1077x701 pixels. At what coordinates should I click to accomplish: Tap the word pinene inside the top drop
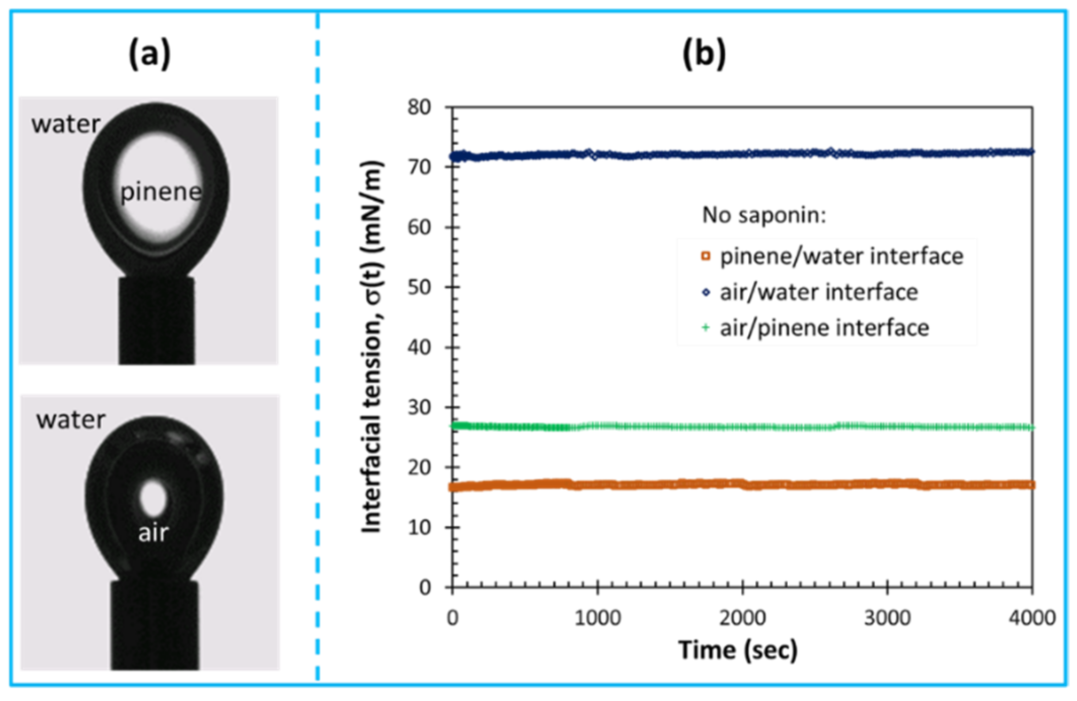click(x=161, y=192)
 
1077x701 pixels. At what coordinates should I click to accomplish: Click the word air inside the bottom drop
click(x=153, y=533)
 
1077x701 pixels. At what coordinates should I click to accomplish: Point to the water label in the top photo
click(x=66, y=124)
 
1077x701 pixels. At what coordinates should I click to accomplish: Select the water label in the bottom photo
click(x=71, y=420)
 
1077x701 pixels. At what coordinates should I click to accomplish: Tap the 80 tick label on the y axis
click(x=419, y=107)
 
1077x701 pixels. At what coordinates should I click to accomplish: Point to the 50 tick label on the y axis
click(x=419, y=287)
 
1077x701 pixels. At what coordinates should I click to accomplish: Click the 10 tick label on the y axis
click(x=419, y=528)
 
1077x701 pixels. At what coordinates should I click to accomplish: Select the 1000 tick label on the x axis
click(x=597, y=618)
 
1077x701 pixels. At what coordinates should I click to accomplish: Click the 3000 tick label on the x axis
click(x=887, y=618)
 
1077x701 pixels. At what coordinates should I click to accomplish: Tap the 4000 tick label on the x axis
click(x=1032, y=618)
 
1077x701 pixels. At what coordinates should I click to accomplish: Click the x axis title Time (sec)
click(x=738, y=650)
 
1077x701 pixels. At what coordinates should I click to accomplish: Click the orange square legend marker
click(x=706, y=256)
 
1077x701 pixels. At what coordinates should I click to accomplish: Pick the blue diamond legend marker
click(x=706, y=292)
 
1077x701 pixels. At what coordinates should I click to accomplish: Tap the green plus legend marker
click(x=706, y=328)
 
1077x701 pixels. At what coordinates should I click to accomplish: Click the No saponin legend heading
click(x=764, y=215)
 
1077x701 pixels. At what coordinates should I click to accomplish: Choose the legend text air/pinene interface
click(x=824, y=328)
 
